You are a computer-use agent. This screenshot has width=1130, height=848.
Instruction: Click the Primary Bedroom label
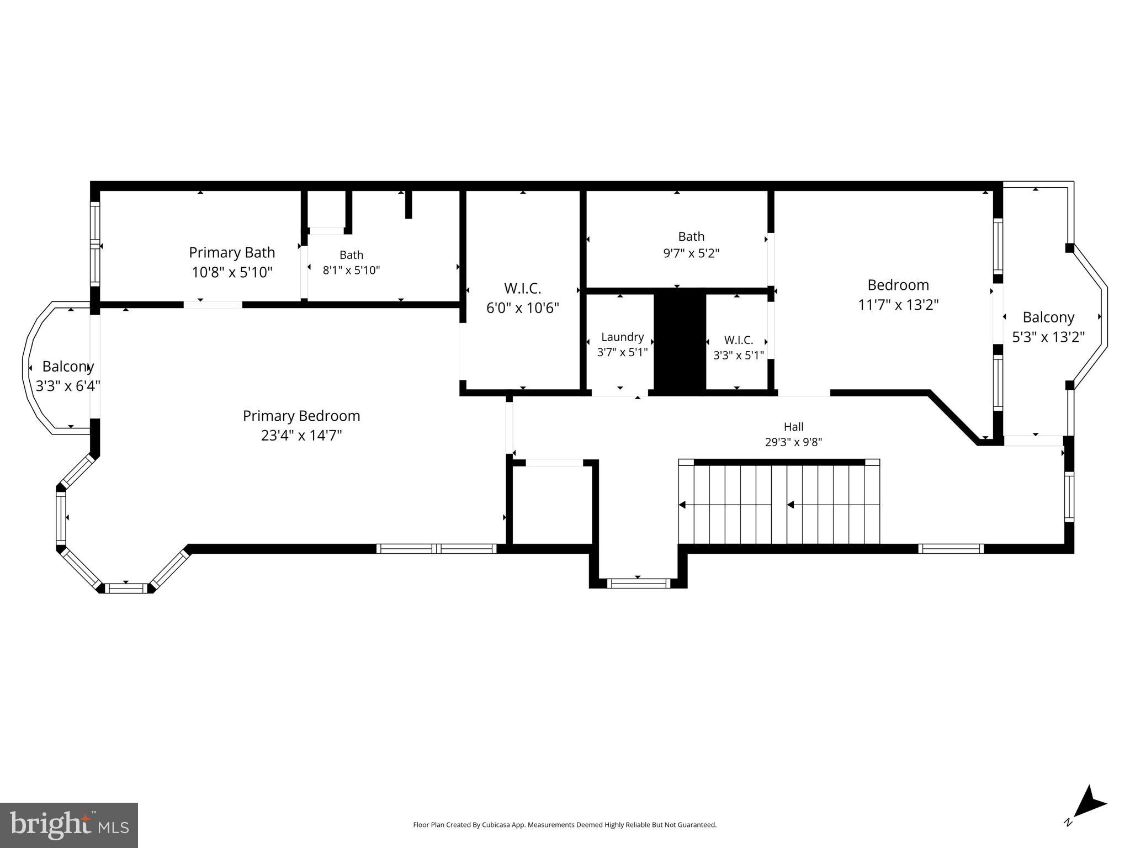coord(301,416)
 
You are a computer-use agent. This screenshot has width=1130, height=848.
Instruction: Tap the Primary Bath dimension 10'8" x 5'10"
coord(232,272)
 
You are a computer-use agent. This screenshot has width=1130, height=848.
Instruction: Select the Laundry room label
coord(623,337)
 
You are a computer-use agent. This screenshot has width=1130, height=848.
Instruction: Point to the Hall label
coord(794,427)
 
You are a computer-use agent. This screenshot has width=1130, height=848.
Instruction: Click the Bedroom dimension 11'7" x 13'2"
coord(898,305)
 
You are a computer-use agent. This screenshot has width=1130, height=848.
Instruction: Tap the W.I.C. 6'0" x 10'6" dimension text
coord(523,308)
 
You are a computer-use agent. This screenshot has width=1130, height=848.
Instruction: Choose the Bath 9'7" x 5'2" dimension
coord(691,253)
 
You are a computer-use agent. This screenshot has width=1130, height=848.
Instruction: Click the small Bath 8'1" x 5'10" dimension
coord(352,271)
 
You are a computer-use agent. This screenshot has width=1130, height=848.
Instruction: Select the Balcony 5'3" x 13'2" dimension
coord(1048,337)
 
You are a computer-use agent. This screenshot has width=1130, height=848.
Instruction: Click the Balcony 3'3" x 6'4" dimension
coord(68,386)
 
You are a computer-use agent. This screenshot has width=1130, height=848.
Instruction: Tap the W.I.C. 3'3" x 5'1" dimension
coord(739,356)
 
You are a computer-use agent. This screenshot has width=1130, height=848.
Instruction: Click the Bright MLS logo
coord(69,825)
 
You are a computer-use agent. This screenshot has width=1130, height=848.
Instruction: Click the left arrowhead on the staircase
coord(682,505)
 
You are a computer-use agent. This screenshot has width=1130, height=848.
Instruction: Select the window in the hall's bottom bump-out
coord(638,583)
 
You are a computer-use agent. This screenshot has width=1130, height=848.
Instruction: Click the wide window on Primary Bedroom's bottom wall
coord(437,549)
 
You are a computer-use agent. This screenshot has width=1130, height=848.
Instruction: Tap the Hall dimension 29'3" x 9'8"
coord(794,442)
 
